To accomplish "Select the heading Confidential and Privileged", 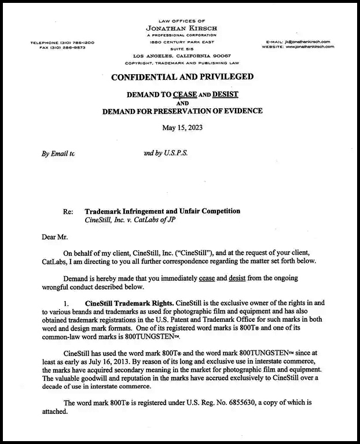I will coord(182,76).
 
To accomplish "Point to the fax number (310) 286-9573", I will coord(70,48).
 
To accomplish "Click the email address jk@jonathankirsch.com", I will coord(307,42).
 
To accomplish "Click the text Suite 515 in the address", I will coord(181,49).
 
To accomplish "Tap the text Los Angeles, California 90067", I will coord(181,56).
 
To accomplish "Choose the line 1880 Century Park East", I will coord(181,43).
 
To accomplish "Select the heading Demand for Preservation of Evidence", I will coord(182,111).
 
